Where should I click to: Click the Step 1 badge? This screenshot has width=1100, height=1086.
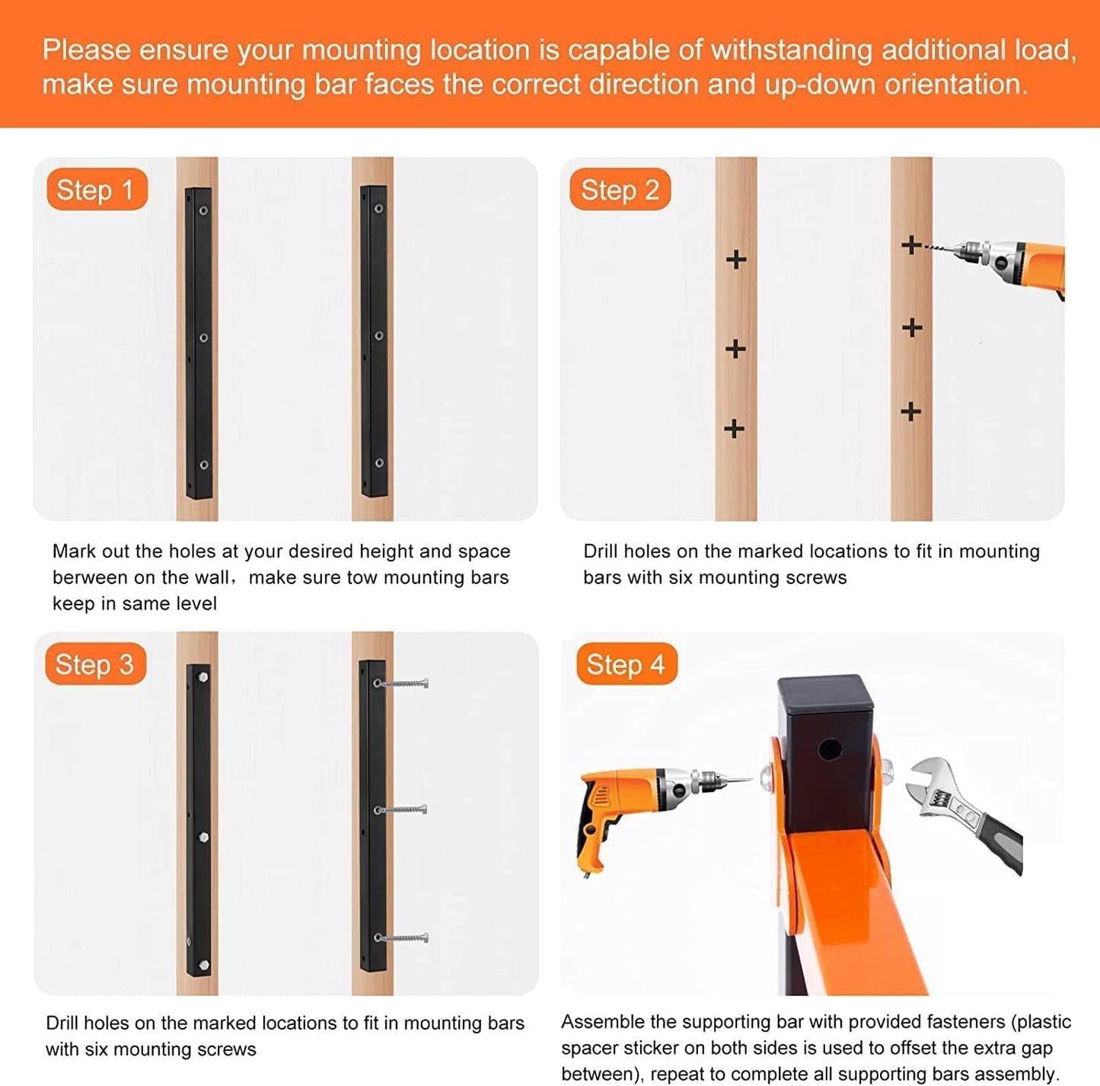(x=97, y=190)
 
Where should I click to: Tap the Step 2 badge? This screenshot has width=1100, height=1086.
(x=620, y=190)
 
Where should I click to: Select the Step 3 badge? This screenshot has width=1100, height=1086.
(x=95, y=664)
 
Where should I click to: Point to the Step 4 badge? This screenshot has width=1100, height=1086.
(x=627, y=664)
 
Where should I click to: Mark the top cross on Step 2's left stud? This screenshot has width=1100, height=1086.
(x=736, y=260)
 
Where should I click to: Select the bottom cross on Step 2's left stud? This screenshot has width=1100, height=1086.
(x=734, y=429)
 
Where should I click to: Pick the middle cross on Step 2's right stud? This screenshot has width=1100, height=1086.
(x=912, y=327)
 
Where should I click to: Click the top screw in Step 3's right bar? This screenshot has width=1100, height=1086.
(x=400, y=683)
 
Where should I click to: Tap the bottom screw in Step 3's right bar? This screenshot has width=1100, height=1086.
(x=400, y=937)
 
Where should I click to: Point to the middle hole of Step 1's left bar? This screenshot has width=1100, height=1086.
(x=204, y=337)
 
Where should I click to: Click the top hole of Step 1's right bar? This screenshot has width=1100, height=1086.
(x=378, y=209)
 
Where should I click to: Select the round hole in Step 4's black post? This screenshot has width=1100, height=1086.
(x=830, y=749)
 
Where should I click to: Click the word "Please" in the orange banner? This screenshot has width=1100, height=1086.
(x=87, y=50)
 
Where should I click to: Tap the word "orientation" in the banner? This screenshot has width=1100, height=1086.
(x=955, y=85)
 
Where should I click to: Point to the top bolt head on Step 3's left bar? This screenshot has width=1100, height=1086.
(x=204, y=677)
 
